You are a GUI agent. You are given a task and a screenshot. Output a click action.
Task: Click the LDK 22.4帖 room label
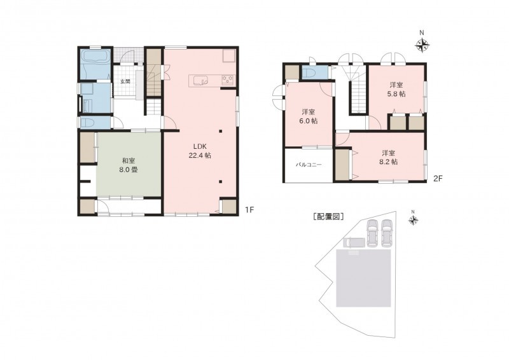[x=200, y=151]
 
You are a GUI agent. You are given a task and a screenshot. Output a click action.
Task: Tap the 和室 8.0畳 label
[x=129, y=165]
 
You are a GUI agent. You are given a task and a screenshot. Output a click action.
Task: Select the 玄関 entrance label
[x=125, y=81]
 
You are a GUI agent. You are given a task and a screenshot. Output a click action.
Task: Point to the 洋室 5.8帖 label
[x=396, y=90]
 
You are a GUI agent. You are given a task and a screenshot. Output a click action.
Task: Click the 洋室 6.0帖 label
[x=309, y=116]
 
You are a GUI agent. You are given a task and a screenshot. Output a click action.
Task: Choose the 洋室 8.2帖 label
[x=388, y=157]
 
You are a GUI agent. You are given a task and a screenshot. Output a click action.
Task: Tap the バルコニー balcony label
[x=309, y=165]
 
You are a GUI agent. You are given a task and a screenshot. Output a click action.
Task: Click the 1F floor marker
[x=249, y=210]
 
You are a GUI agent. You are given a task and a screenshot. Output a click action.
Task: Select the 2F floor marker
[x=438, y=178]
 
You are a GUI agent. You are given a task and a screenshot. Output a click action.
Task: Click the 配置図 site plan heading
[x=328, y=217]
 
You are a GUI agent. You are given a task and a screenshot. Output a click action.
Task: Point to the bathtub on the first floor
[x=95, y=57]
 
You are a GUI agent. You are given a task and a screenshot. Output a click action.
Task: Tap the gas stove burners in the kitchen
[x=227, y=80]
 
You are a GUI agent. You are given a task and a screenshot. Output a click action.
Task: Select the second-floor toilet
[x=309, y=72]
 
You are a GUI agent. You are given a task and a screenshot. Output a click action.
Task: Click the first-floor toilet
[x=87, y=123]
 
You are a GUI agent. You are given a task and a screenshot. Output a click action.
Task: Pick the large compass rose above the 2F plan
[x=422, y=45]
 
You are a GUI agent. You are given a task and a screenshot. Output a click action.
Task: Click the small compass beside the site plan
[x=413, y=221]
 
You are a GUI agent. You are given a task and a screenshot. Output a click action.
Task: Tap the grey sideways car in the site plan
[x=354, y=242]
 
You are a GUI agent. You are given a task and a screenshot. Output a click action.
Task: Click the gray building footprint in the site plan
[x=363, y=278]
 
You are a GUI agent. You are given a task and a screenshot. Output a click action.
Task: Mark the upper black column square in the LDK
[x=220, y=131]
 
